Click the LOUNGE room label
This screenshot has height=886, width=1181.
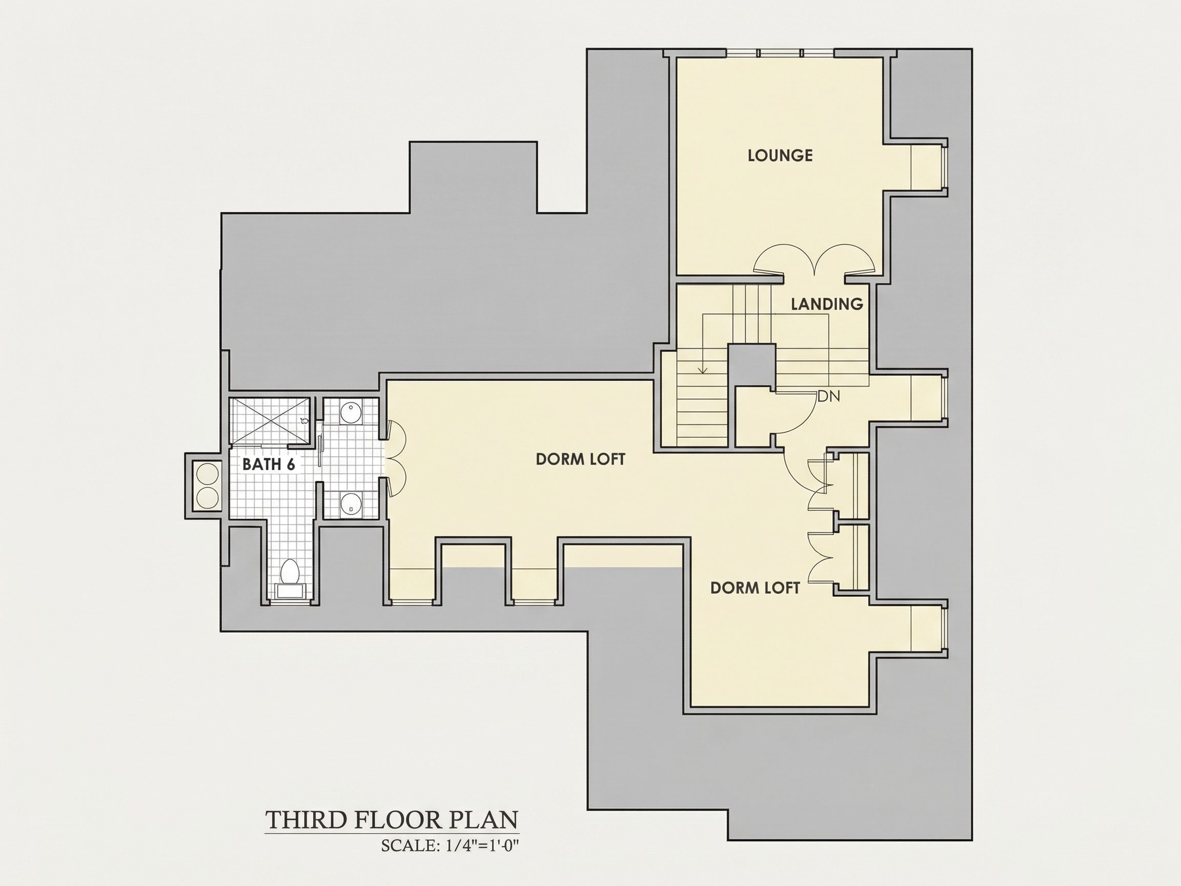tap(780, 155)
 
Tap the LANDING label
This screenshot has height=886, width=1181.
tap(827, 304)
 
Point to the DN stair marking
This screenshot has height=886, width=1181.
tap(829, 396)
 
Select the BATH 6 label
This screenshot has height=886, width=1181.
tap(269, 464)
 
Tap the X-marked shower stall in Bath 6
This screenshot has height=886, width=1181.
tap(270, 420)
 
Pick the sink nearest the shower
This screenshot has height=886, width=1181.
tap(350, 413)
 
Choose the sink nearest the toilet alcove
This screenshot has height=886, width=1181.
tap(350, 502)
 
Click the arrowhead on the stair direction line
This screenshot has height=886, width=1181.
tap(703, 370)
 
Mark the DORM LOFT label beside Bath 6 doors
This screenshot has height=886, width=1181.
tap(580, 459)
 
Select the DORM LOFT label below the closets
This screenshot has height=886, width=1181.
tap(755, 588)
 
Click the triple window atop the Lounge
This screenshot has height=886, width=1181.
tap(780, 53)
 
